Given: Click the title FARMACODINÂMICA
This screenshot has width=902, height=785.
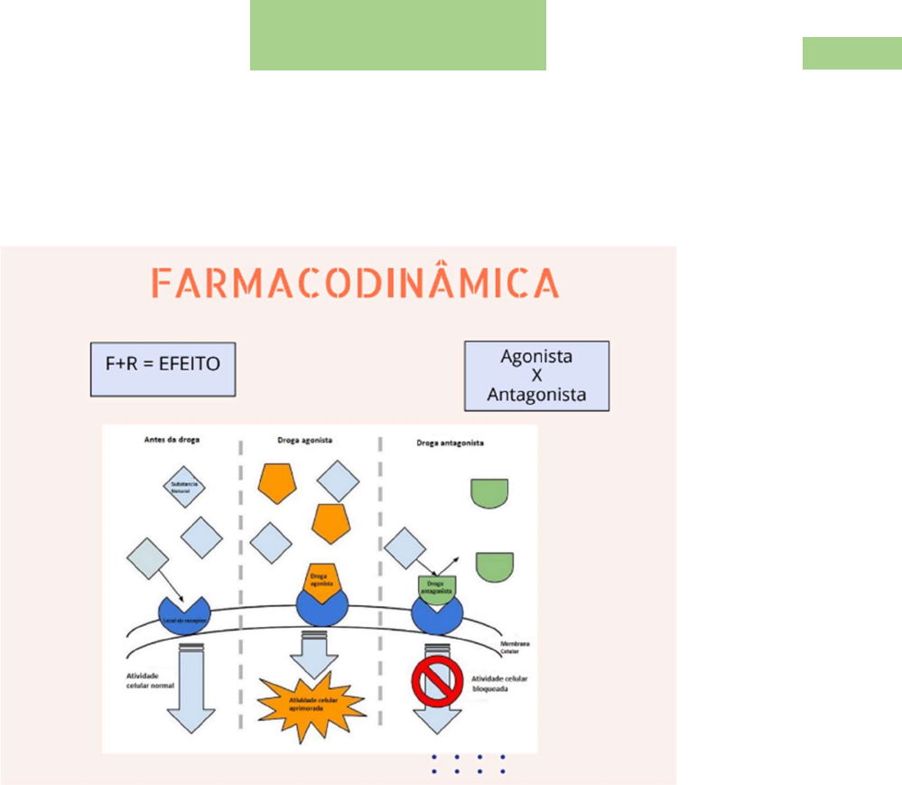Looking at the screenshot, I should point(354,284).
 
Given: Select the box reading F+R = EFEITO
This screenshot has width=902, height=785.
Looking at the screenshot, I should point(163,369).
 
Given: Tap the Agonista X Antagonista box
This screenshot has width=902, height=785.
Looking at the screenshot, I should point(536,375).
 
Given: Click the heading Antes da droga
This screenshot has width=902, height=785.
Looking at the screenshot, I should point(172,440).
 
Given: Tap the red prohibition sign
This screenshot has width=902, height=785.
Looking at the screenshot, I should point(437,679).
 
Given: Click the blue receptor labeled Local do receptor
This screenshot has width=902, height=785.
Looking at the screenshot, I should point(183,616).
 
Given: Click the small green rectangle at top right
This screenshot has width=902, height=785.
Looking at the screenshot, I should point(851,53).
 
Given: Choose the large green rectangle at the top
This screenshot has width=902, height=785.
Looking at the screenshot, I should point(397,35).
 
